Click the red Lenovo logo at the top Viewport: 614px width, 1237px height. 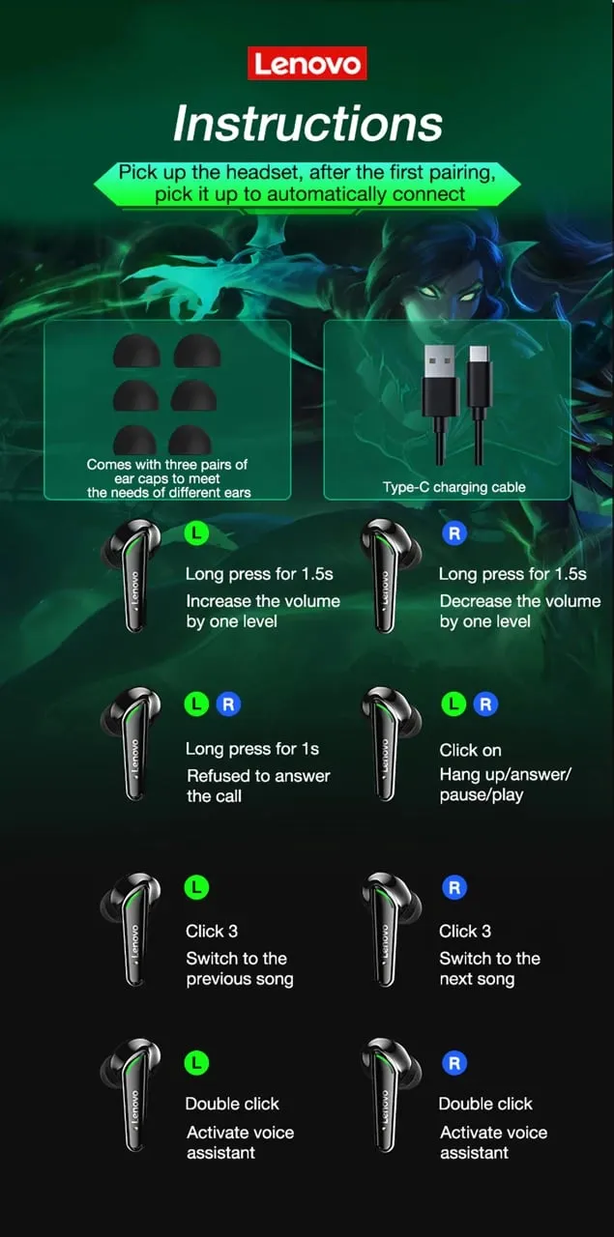tap(307, 63)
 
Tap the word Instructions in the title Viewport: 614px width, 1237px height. tap(307, 123)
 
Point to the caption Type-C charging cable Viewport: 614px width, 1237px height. tap(453, 487)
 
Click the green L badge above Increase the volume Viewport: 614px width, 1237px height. tap(196, 533)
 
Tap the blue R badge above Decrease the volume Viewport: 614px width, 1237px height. tap(454, 533)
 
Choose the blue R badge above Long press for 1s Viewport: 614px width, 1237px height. tap(228, 705)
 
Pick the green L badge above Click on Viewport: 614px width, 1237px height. tap(453, 705)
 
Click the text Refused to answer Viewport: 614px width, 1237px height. tap(258, 776)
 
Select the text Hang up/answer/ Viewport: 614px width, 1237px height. tap(505, 774)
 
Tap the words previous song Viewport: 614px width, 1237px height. tap(240, 979)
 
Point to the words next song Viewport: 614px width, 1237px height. tap(477, 979)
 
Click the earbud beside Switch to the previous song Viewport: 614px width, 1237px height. tap(132, 929)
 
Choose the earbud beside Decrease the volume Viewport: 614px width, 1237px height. tap(390, 575)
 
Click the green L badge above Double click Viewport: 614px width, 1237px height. tap(196, 1063)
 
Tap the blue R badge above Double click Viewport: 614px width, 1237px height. tap(454, 1063)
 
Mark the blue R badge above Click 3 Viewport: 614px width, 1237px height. tap(454, 887)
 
